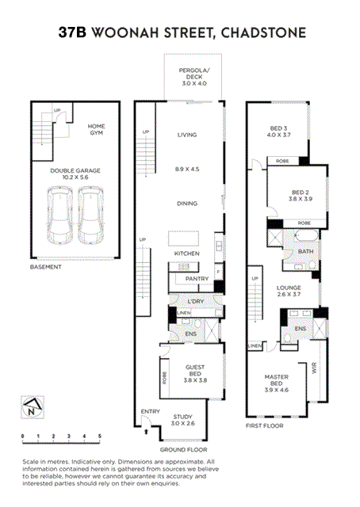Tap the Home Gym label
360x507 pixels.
[x=97, y=130]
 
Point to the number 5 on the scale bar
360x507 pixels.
[x=100, y=436]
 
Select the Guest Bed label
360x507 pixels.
[x=195, y=372]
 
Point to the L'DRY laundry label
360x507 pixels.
[x=195, y=302]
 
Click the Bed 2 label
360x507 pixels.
[x=299, y=195]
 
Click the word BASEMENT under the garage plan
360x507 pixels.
[x=46, y=267]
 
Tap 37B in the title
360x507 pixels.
[x=74, y=32]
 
